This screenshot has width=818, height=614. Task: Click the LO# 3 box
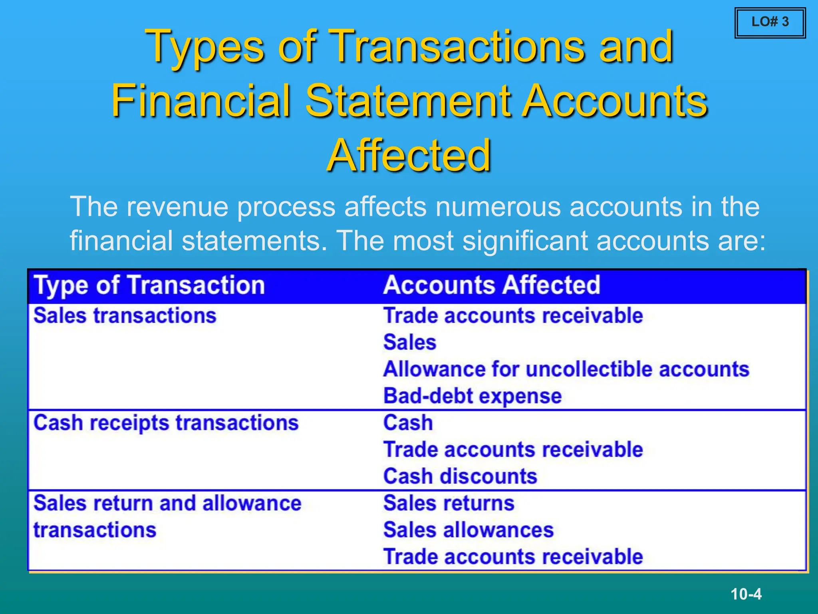770,23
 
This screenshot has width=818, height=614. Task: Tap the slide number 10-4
746,594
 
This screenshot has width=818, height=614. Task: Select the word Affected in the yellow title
409,156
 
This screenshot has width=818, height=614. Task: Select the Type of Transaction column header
149,285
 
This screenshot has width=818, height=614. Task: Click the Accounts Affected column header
491,285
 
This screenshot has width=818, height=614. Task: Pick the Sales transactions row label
125,316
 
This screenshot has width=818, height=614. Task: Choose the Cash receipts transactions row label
166,423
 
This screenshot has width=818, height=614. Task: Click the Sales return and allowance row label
167,503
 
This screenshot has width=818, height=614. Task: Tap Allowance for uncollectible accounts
566,369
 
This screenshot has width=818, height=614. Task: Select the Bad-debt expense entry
472,396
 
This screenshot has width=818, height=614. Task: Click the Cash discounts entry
460,476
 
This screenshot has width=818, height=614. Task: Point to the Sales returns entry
449,503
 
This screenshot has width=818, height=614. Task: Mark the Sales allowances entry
468,530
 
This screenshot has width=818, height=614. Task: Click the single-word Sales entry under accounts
409,343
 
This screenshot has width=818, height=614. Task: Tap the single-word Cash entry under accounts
408,423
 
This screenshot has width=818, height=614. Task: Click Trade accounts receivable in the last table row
513,557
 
